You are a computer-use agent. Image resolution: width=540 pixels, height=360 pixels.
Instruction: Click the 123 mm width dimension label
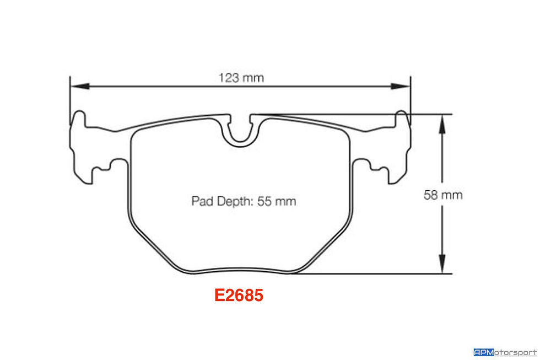click(x=241, y=78)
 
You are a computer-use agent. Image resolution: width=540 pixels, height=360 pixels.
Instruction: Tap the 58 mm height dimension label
click(x=443, y=195)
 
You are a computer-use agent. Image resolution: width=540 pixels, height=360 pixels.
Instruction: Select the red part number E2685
click(x=239, y=295)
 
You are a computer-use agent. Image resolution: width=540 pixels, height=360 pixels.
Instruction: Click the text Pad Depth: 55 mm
click(x=244, y=201)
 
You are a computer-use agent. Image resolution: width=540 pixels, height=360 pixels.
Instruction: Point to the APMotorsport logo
click(x=505, y=352)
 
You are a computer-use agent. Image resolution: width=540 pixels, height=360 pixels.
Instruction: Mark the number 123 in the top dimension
click(x=230, y=78)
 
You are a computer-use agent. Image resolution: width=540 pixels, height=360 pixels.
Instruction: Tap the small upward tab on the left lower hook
click(x=116, y=163)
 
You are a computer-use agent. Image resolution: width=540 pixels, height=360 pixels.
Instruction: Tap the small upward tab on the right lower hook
click(x=365, y=163)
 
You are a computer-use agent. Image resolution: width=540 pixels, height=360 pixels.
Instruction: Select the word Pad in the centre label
click(x=201, y=201)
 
